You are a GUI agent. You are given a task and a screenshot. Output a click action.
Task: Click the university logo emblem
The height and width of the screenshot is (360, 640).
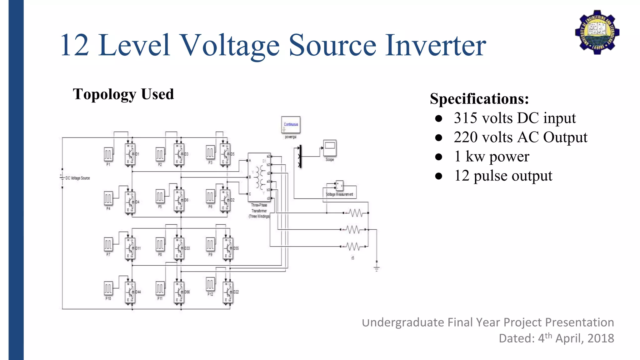[597, 32]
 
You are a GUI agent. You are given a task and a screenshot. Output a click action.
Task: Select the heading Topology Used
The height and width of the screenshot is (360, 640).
[123, 94]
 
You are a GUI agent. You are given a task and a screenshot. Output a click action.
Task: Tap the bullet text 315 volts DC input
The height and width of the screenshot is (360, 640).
[514, 118]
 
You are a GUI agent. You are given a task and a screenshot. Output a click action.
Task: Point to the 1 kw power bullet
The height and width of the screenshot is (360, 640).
[491, 157]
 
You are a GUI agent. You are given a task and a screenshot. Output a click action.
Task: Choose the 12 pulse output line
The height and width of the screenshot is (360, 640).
[503, 176]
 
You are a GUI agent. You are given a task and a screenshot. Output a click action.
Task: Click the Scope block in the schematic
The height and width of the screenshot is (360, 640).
[330, 148]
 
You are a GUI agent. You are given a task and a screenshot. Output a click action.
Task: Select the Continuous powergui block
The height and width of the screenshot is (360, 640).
[291, 125]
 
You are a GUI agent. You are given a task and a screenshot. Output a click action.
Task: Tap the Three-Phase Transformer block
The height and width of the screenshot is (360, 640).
[259, 177]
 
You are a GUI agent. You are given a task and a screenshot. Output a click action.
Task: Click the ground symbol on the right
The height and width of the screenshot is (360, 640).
[377, 268]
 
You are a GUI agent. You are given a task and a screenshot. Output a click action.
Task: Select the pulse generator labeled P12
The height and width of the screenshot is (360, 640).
[210, 284]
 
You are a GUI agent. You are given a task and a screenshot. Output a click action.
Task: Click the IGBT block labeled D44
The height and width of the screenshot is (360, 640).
[130, 292]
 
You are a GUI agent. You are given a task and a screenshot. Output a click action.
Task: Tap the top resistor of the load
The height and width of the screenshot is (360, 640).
[356, 213]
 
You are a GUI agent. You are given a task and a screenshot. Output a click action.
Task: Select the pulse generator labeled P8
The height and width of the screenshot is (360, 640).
[160, 244]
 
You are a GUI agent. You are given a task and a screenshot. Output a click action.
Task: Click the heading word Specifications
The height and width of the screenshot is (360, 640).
[479, 99]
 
